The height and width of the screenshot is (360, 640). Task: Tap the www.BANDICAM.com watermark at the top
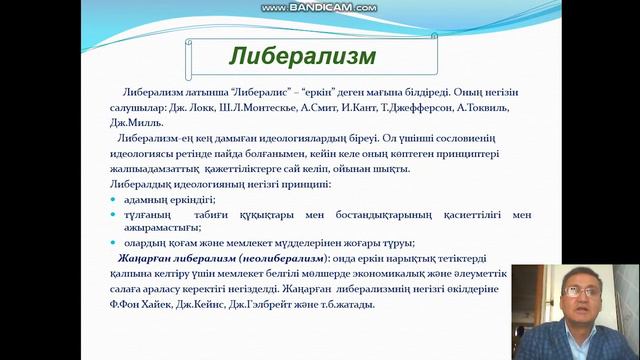pos(319,8)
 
